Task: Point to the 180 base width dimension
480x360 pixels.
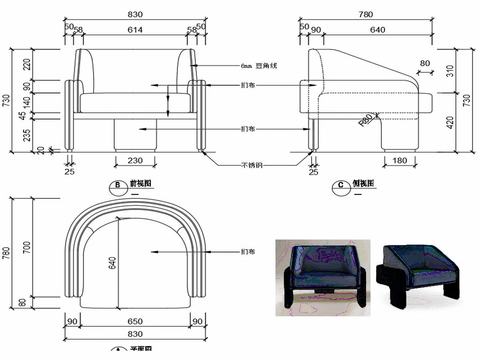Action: click(400, 161)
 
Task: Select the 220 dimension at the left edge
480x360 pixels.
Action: click(27, 64)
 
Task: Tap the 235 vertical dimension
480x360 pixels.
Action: click(27, 131)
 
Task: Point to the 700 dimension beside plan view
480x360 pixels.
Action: click(27, 246)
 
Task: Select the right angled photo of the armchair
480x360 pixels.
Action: click(419, 269)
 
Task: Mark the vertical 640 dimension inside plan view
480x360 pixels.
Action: click(113, 263)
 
